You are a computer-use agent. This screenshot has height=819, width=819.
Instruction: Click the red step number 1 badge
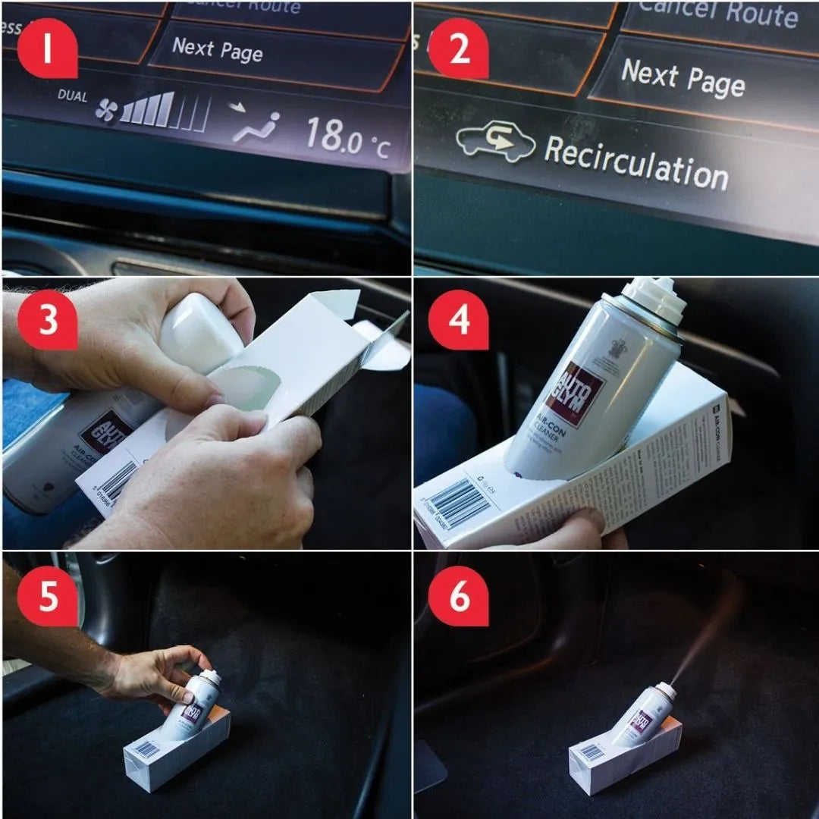[x=47, y=48]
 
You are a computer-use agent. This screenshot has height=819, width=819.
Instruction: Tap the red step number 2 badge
[x=458, y=48]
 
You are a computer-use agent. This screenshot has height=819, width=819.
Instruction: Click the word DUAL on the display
[x=72, y=96]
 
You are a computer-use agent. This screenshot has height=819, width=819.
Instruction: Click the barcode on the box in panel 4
[x=460, y=503]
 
